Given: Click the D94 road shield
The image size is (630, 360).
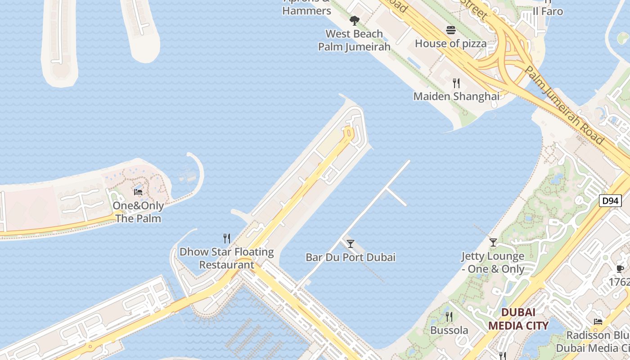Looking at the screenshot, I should tap(610, 201).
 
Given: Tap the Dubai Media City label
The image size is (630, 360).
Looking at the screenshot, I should tap(518, 319).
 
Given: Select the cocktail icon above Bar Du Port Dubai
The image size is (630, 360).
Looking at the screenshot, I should tap(351, 244).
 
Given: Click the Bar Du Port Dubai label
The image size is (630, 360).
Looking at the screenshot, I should tap(351, 257).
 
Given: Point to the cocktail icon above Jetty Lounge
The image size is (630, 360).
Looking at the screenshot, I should tap(493, 243).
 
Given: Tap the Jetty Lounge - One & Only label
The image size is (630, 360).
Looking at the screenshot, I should tap(493, 263).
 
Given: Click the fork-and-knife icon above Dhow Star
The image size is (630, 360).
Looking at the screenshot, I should tap(227, 238).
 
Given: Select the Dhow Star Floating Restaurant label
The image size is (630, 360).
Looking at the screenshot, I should tap(227, 258).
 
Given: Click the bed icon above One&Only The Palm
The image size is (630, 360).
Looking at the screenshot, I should tap(138, 192).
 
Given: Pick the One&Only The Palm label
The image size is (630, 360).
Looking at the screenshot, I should tap(138, 212).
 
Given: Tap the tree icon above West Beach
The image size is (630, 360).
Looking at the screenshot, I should tap(354, 20).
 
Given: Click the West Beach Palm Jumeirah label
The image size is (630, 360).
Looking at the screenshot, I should tap(354, 40).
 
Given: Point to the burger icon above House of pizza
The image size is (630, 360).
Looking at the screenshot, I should tap(450, 30).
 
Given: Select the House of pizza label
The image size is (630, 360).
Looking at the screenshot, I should tap(450, 44).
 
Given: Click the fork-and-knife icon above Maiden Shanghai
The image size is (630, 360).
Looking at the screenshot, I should tap(456, 83).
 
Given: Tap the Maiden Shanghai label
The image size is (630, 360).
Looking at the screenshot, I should tap(456, 96).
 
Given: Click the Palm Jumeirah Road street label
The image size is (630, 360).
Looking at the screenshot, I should tap(564, 106).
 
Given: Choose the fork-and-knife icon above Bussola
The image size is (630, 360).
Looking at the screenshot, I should tap(449, 317).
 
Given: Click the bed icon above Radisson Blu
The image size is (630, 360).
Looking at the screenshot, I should tap(598, 321).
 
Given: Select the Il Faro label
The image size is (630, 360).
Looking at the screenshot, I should tap(548, 11).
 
